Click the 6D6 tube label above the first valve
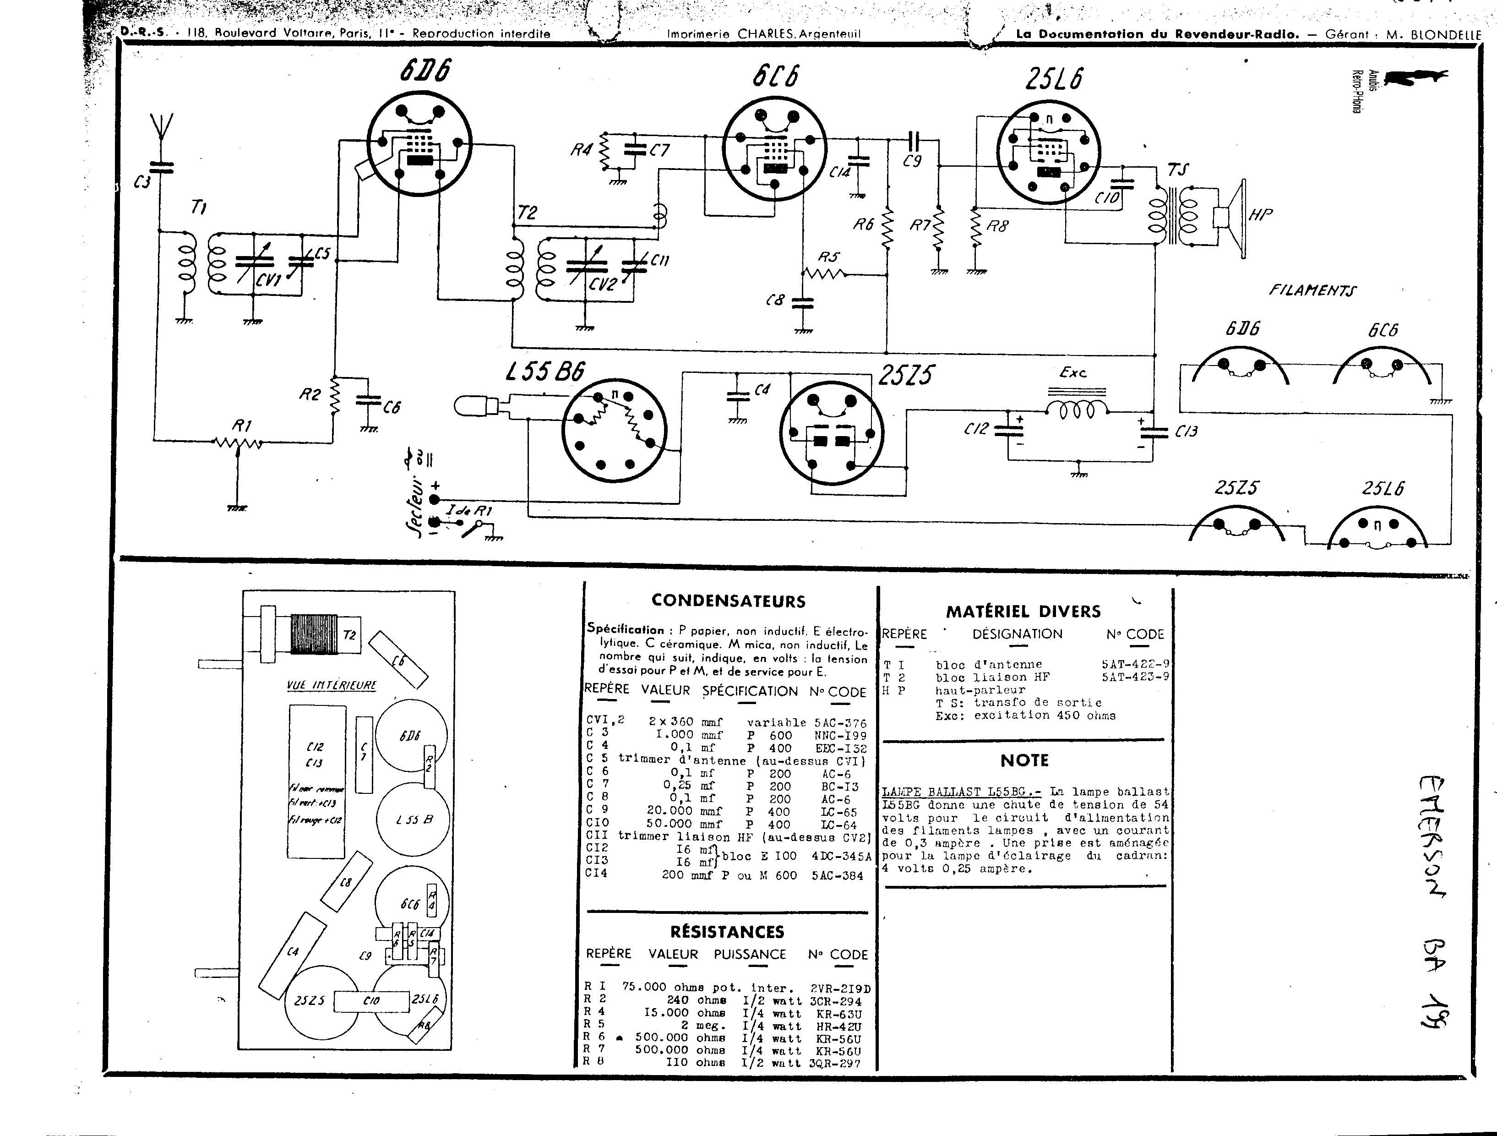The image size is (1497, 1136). pyautogui.click(x=425, y=71)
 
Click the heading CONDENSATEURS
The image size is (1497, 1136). pyautogui.click(x=728, y=601)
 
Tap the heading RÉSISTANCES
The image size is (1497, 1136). pyautogui.click(x=727, y=932)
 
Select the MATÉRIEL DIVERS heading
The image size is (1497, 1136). pyautogui.click(x=1023, y=612)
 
